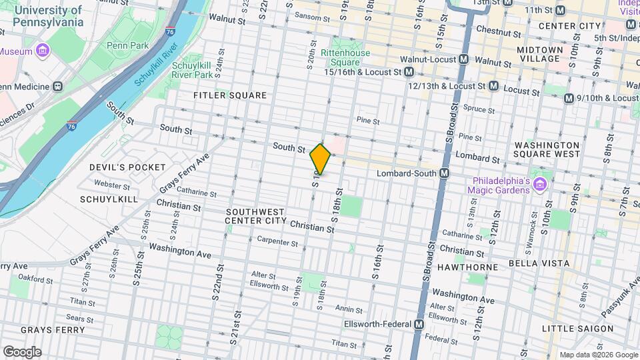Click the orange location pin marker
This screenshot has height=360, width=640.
click(320, 159)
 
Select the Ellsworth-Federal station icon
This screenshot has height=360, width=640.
click(419, 325)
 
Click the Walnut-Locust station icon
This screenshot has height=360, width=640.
click(463, 59)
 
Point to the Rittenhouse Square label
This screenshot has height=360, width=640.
click(340, 58)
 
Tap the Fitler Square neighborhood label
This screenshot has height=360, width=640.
click(230, 95)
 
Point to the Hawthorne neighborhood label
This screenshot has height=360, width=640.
click(477, 267)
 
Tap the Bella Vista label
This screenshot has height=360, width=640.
click(539, 263)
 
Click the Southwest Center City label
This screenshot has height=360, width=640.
click(255, 216)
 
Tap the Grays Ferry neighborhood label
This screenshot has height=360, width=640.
click(53, 330)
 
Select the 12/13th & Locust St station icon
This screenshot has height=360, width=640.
click(493, 86)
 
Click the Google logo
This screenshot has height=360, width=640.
click(22, 351)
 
